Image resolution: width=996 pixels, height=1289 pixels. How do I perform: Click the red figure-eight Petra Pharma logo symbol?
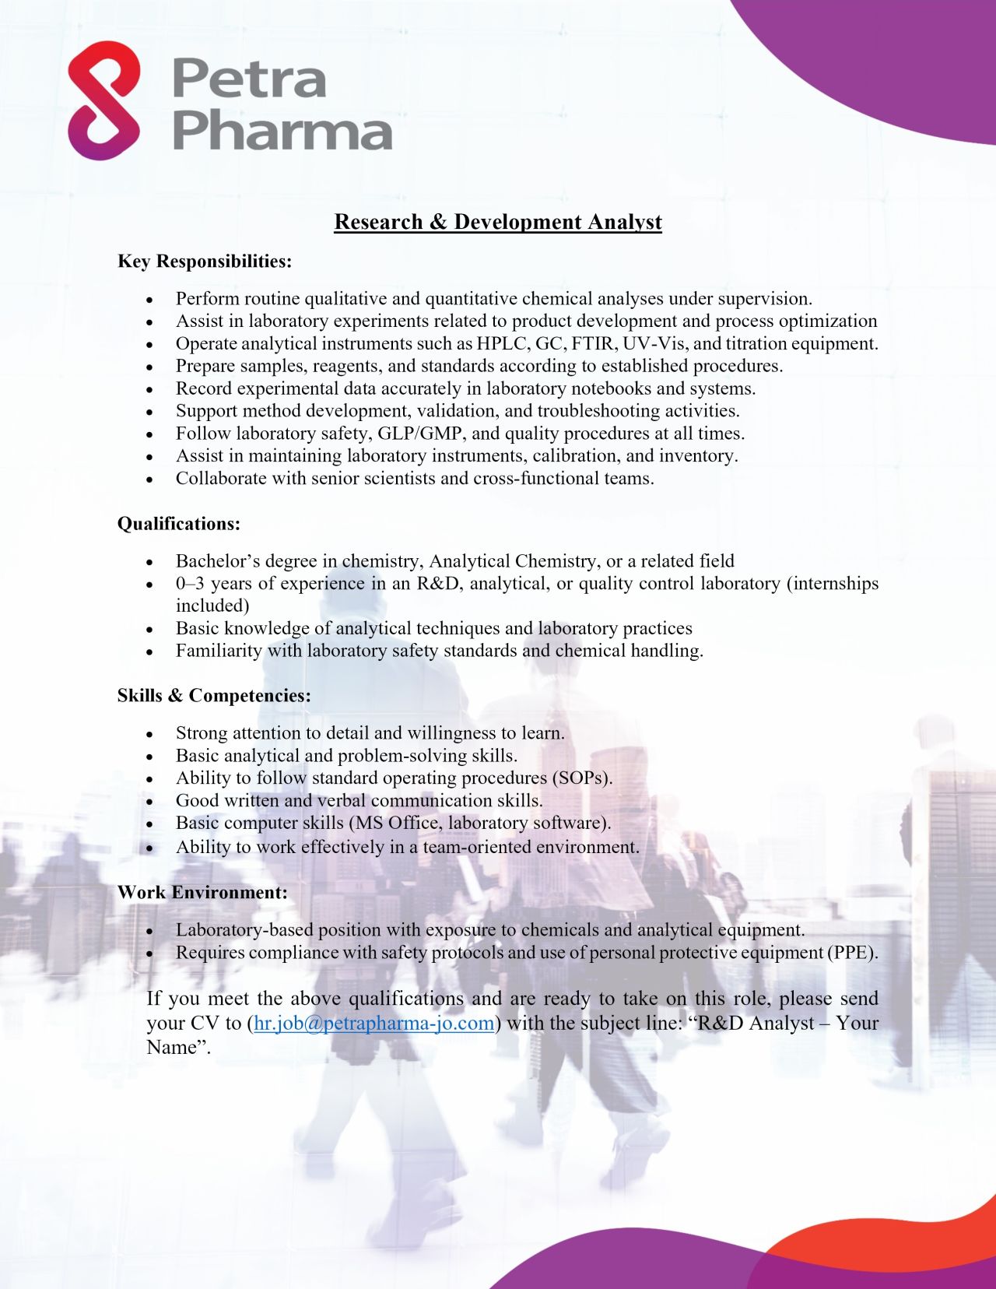pyautogui.click(x=104, y=100)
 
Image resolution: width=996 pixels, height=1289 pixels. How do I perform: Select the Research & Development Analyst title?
pyautogui.click(x=498, y=222)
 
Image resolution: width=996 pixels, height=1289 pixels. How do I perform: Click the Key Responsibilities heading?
pyautogui.click(x=205, y=262)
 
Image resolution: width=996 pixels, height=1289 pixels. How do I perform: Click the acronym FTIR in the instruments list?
pyautogui.click(x=594, y=343)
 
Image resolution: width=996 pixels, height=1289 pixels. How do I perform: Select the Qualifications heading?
pyautogui.click(x=179, y=524)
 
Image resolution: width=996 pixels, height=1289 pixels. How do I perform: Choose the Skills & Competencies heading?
pyautogui.click(x=214, y=696)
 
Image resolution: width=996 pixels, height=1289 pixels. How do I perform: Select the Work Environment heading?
pyautogui.click(x=202, y=893)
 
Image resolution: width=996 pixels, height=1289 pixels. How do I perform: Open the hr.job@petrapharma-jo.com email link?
pyautogui.click(x=374, y=1023)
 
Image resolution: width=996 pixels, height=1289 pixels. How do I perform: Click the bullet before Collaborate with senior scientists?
pyautogui.click(x=149, y=479)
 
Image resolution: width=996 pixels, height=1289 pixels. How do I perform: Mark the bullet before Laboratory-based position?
pyautogui.click(x=149, y=931)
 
